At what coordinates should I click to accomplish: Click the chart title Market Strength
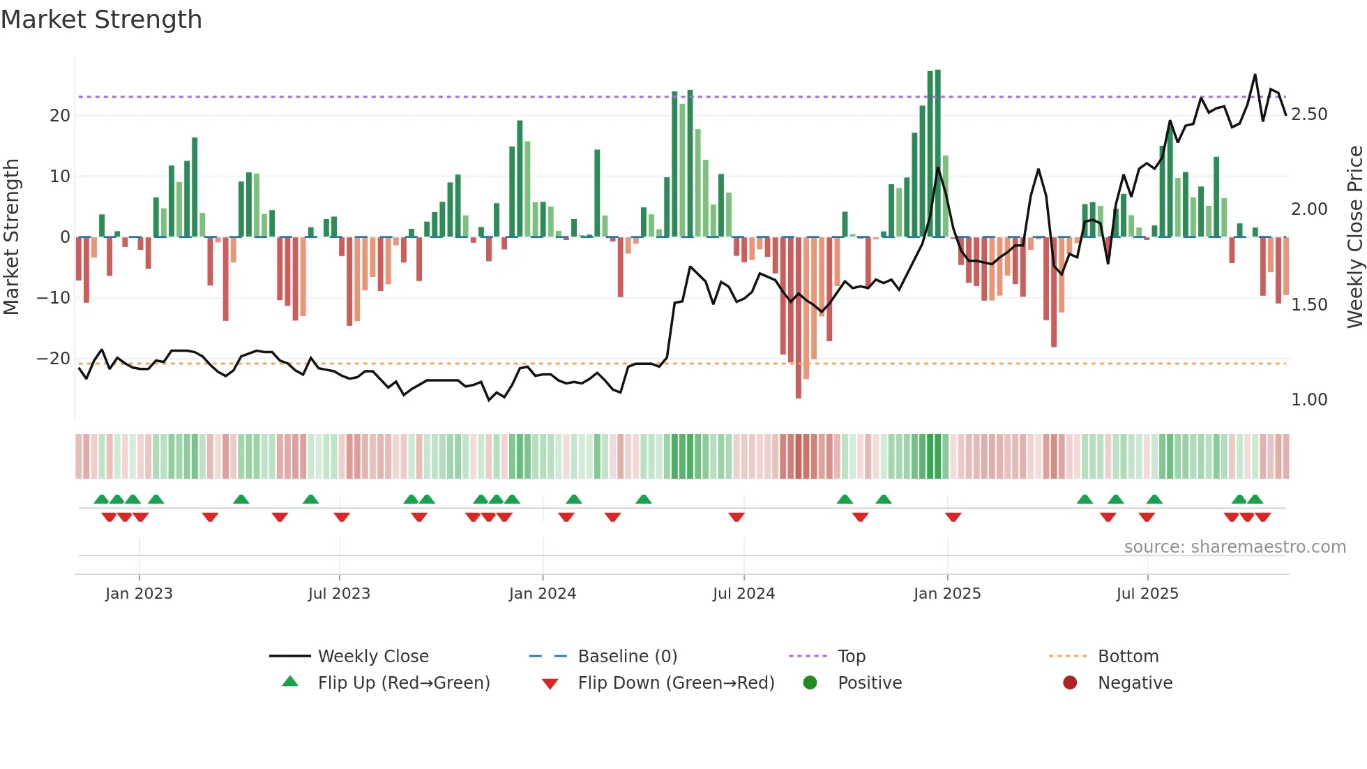click(101, 20)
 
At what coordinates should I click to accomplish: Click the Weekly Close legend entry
click(372, 657)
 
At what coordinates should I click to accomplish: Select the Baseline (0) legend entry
click(627, 657)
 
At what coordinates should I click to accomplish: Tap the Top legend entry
click(851, 657)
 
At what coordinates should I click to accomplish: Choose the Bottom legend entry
click(1128, 657)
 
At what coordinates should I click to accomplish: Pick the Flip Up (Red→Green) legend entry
click(403, 683)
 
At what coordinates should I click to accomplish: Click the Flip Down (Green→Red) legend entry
click(675, 683)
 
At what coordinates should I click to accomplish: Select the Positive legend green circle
click(810, 682)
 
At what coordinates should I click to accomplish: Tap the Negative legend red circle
click(1070, 682)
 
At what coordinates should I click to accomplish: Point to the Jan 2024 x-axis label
click(542, 594)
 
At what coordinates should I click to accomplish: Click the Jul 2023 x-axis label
click(339, 594)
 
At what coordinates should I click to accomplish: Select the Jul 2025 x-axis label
click(1147, 594)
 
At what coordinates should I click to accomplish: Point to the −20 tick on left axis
click(54, 359)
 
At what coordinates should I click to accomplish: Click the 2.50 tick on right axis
click(1308, 114)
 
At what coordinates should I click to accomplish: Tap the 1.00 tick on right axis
click(1308, 400)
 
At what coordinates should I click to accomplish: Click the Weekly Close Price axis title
click(1354, 237)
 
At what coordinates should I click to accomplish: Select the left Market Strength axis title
click(11, 237)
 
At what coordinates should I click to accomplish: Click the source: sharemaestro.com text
click(1234, 547)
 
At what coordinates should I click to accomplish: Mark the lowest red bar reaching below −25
click(799, 394)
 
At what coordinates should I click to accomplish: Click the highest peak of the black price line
click(1255, 75)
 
